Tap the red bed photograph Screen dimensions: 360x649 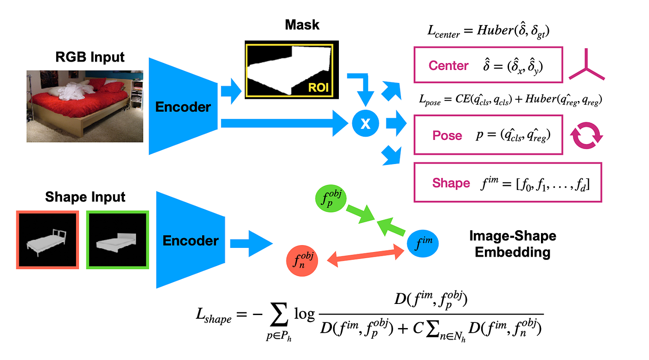coord(85,106)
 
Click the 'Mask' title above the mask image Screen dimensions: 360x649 coord(302,25)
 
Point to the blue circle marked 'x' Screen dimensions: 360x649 coord(365,123)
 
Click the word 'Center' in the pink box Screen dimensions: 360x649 coord(448,66)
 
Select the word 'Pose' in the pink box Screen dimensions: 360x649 coord(447,136)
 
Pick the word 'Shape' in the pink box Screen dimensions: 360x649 coord(451,183)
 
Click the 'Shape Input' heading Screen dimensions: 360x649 coord(85,197)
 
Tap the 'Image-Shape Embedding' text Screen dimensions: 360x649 coord(513,244)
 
